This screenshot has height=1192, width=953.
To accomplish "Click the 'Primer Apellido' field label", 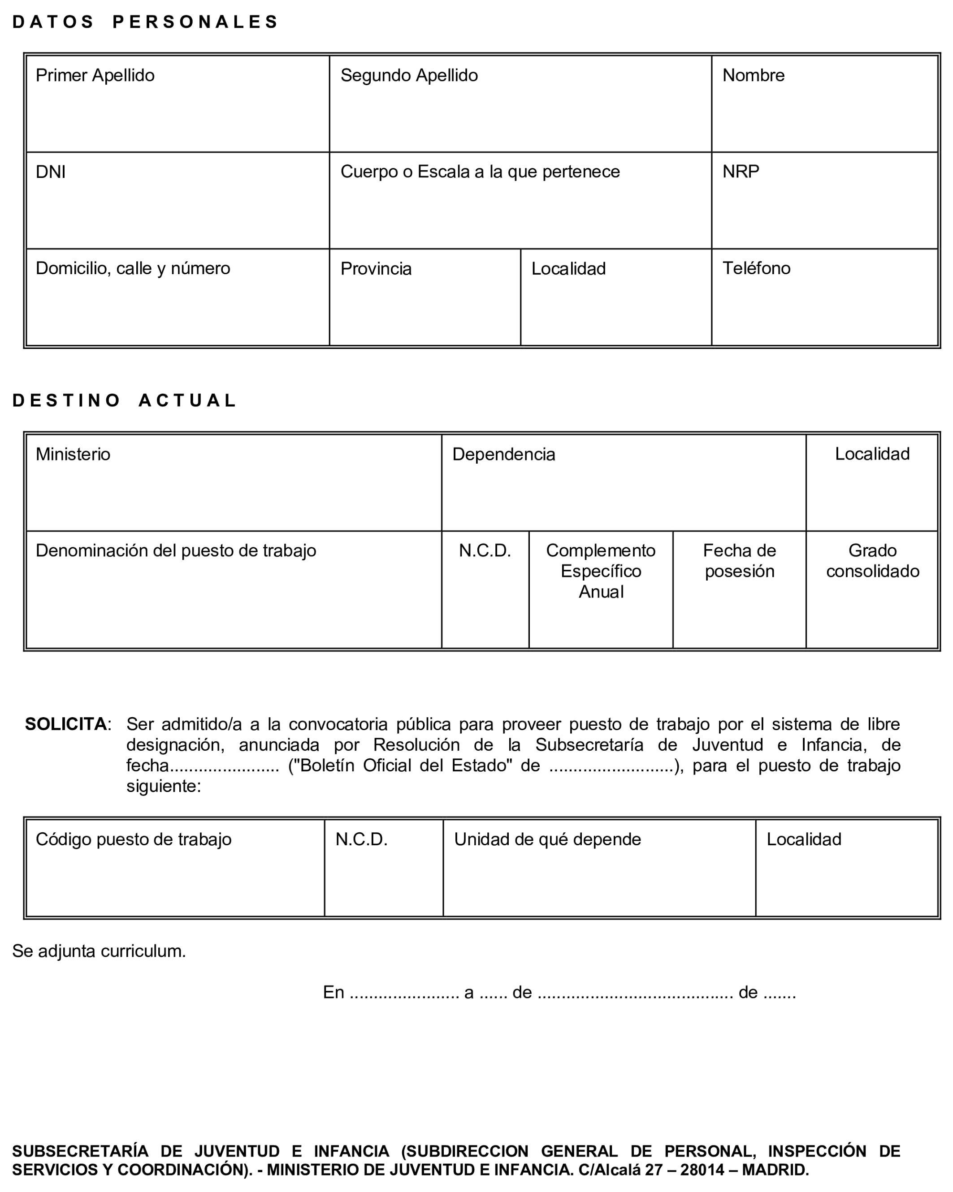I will point(95,75).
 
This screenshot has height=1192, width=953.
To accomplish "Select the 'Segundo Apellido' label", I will point(409,75).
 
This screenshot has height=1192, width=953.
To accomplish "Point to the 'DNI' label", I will point(50,172).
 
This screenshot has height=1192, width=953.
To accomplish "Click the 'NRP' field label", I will point(740,172).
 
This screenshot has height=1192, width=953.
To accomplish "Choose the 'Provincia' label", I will point(376,269).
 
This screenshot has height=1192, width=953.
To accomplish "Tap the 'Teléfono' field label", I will point(756,268).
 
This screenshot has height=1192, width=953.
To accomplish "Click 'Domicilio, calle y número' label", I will point(133,268).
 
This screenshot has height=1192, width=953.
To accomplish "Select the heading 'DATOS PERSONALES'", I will point(145,22).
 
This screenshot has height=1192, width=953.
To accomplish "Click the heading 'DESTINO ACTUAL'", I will point(125,400).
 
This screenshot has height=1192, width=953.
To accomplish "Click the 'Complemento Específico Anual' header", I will point(600,571).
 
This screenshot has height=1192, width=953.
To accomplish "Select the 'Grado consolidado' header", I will point(872,561).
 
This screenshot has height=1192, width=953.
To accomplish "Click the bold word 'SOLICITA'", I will point(66,724).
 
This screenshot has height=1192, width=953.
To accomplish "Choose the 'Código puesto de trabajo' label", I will point(133,839).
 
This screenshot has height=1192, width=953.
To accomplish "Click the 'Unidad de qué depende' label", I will point(547,839).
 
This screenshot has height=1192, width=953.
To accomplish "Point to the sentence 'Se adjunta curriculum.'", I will point(99,951).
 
